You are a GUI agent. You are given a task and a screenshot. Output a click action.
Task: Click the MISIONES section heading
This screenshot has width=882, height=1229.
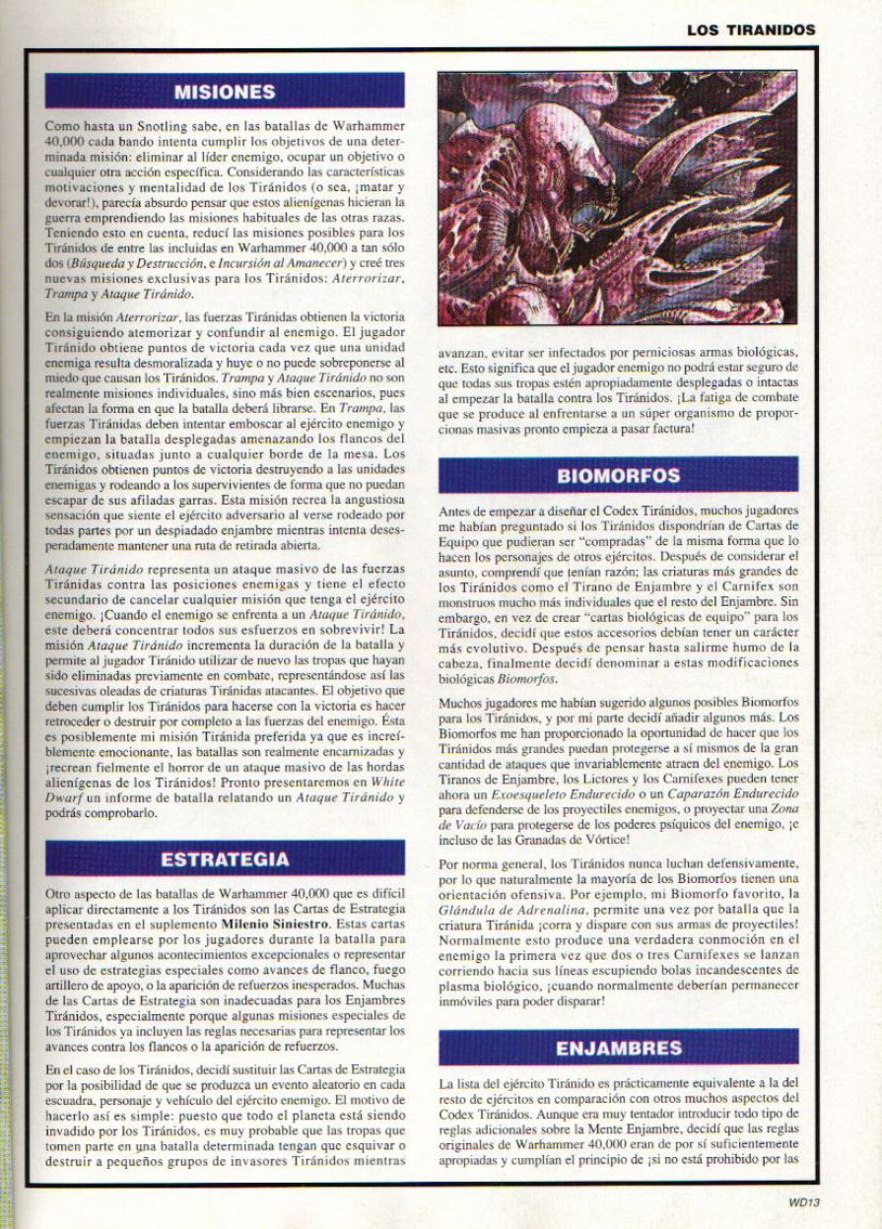[223, 92]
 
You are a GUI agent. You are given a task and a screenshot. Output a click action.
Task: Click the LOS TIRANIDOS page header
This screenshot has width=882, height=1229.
[752, 30]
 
